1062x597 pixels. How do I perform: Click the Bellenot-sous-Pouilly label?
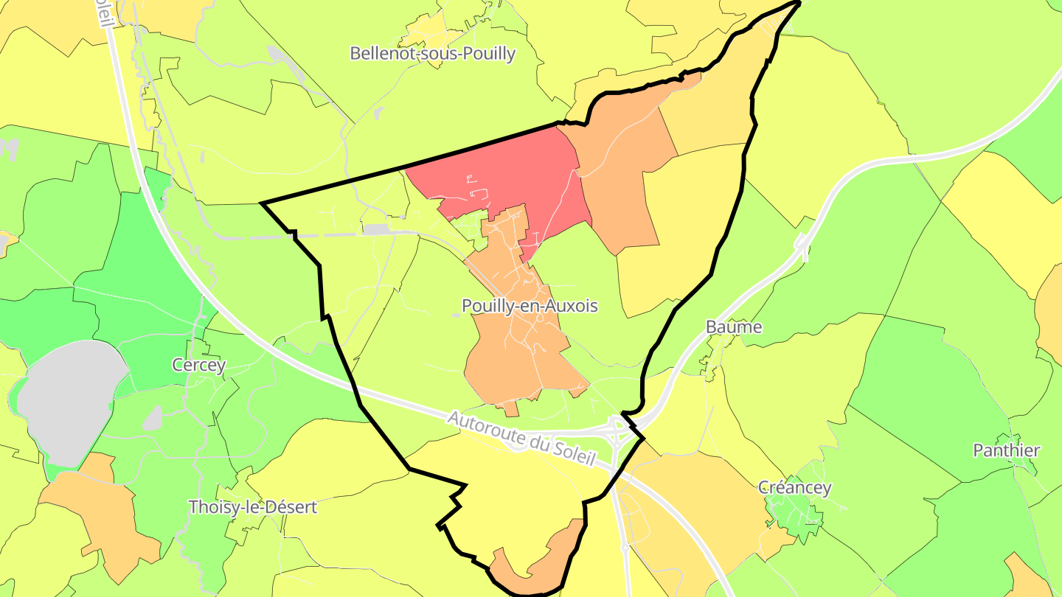[432, 53]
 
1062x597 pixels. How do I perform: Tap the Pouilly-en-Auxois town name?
[529, 305]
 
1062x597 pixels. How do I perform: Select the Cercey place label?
[198, 364]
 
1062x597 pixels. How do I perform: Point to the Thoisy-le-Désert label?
[252, 507]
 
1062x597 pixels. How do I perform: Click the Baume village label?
[733, 326]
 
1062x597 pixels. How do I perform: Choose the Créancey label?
[794, 487]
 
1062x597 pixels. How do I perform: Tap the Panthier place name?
[1006, 450]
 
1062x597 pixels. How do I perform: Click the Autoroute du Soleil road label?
[521, 438]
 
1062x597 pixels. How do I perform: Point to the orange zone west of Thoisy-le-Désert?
[103, 516]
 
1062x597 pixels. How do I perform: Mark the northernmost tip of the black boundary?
[799, 3]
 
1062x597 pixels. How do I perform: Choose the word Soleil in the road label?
[573, 453]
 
